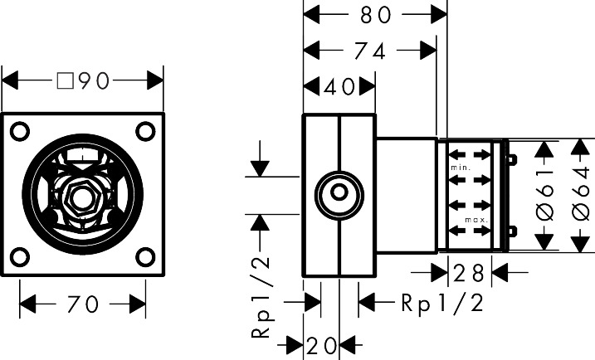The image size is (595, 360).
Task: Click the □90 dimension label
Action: [x=83, y=80]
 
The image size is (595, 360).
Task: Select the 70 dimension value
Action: [x=83, y=304]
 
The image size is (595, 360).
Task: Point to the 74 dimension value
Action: [x=369, y=51]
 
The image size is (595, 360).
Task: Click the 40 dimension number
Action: [x=340, y=86]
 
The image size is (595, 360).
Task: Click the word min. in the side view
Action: [x=461, y=168]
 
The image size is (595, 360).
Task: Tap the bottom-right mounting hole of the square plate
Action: [x=144, y=256]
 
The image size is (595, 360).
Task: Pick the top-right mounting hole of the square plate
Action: [x=144, y=130]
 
